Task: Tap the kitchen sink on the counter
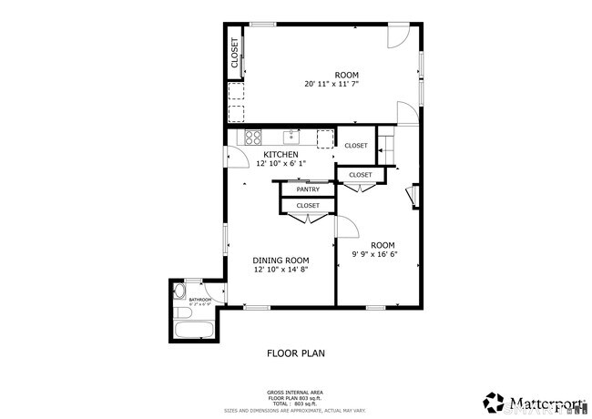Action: (291, 138)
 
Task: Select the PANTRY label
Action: (308, 189)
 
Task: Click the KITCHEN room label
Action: (281, 155)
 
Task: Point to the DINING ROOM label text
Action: (281, 260)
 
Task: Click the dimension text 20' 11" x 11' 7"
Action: (347, 85)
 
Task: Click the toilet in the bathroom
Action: (179, 293)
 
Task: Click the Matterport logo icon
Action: (495, 401)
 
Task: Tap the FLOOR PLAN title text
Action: (295, 353)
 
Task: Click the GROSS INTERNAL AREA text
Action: (295, 393)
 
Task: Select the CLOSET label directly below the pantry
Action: (308, 206)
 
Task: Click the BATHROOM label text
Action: (200, 300)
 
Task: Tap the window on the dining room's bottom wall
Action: (256, 307)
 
